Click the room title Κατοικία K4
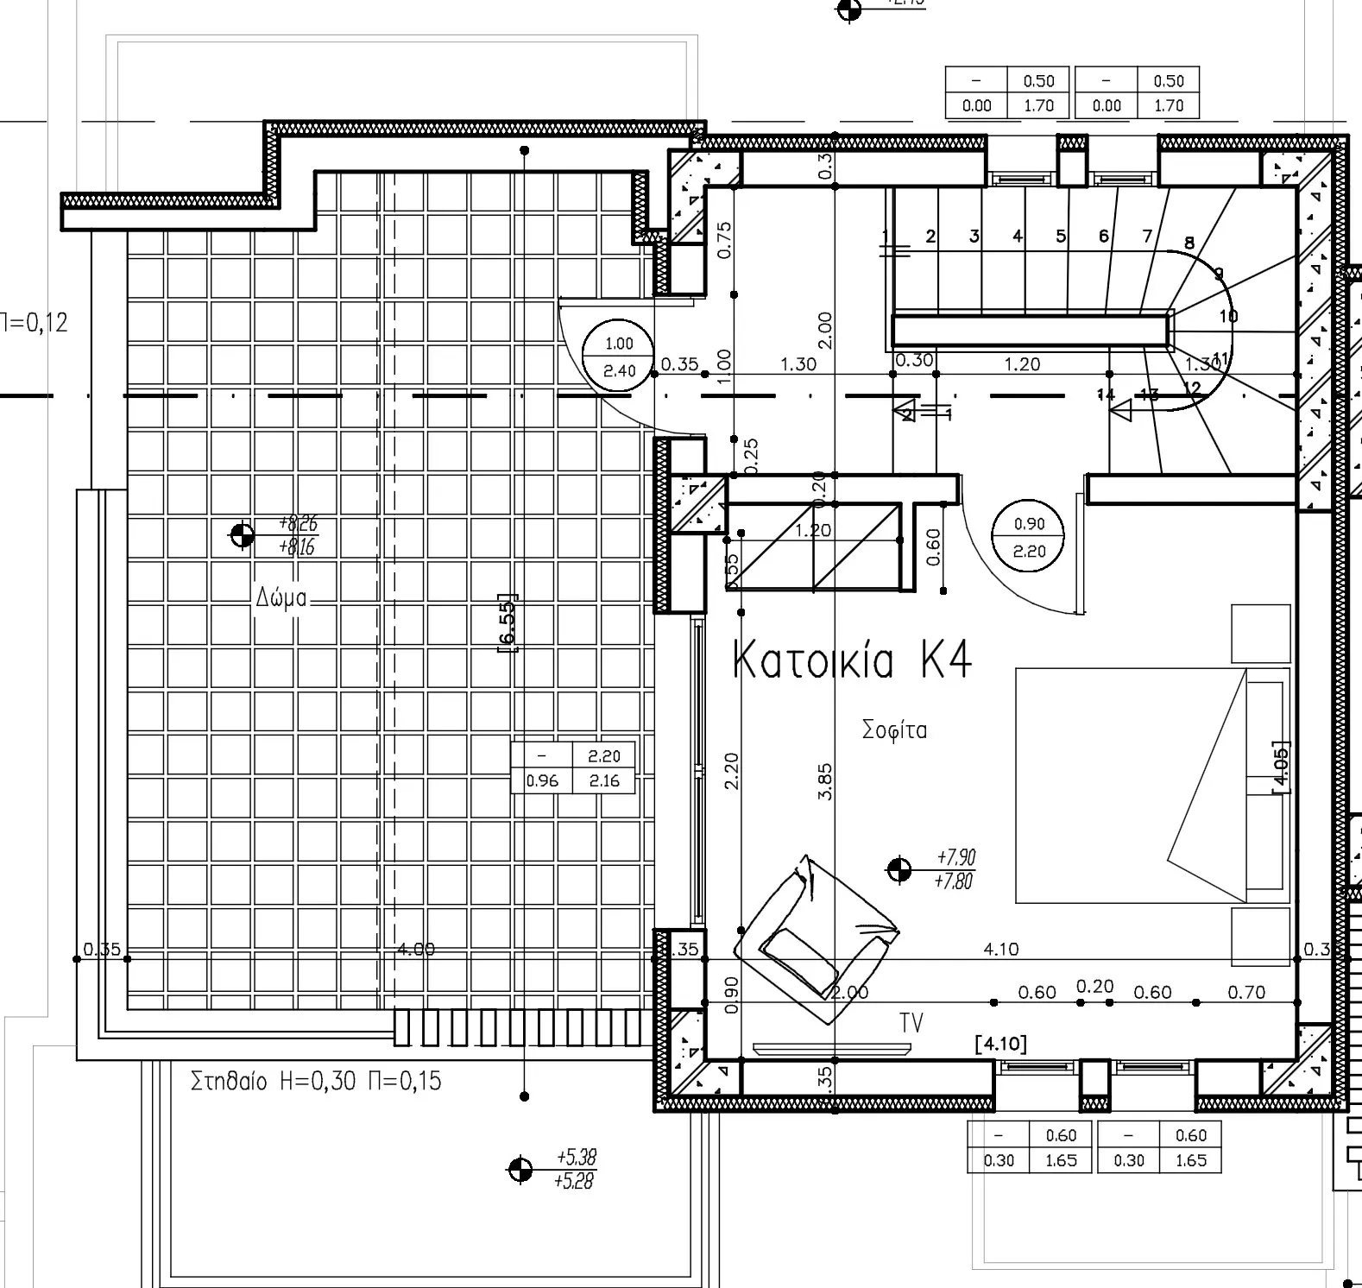point(851,660)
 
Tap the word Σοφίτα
point(894,730)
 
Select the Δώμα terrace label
point(281,597)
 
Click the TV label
point(911,1023)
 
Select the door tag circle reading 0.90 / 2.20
point(1029,537)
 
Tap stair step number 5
point(1061,237)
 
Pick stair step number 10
point(1228,316)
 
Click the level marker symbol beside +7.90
point(899,869)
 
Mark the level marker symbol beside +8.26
point(242,535)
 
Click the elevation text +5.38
point(577,1158)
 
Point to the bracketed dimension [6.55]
point(508,622)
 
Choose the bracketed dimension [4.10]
point(1001,1045)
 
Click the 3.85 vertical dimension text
point(825,780)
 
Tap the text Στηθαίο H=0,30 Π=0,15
point(316,1082)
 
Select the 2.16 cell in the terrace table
point(603,781)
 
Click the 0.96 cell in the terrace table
point(542,781)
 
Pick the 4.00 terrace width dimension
point(415,950)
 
